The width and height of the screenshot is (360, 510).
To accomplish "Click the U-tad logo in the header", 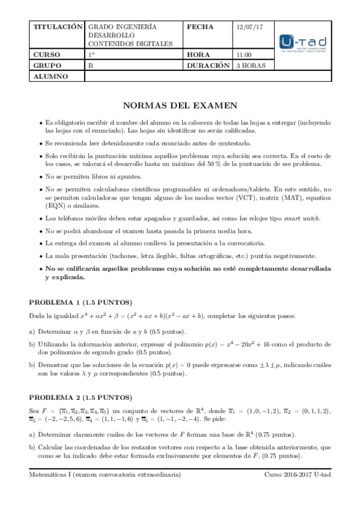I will [304, 43].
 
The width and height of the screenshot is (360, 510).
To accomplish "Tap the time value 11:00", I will [244, 54].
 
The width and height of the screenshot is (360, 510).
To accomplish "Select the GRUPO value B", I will [91, 65].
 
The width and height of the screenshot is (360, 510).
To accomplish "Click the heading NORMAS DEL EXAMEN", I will [180, 105].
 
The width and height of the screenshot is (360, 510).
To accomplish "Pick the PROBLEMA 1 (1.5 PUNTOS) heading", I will [81, 301].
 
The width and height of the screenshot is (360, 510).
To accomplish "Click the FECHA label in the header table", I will [201, 28].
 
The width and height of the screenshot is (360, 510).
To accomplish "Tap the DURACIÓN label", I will [209, 65].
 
